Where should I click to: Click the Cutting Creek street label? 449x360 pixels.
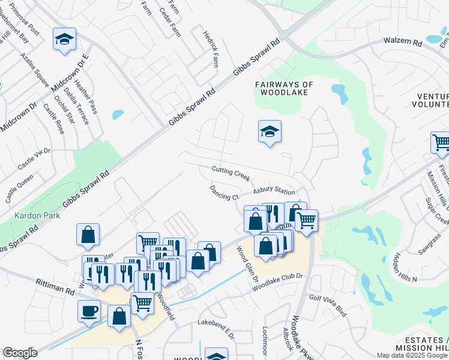click(231, 173)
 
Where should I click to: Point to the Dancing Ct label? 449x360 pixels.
click(224, 193)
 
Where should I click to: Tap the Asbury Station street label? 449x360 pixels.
click(273, 191)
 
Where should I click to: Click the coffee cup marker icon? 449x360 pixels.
click(89, 311)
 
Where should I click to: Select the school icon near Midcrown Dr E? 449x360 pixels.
click(64, 39)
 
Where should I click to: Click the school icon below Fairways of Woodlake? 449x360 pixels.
click(270, 131)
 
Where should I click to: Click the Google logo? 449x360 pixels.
click(20, 353)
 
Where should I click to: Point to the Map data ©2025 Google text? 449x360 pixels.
click(412, 355)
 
